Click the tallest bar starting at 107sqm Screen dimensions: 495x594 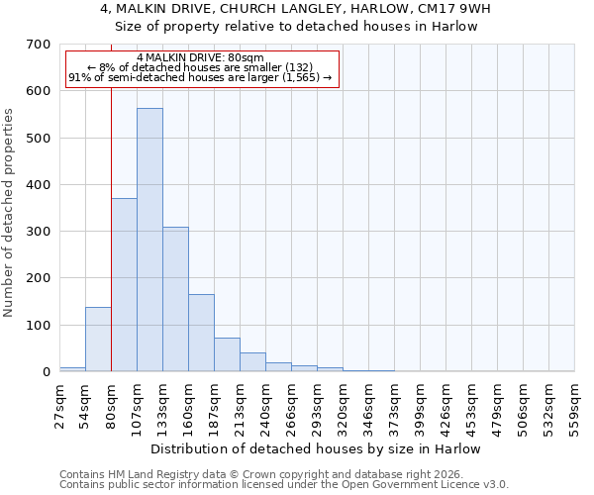tap(149, 240)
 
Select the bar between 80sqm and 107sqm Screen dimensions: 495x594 tap(124, 285)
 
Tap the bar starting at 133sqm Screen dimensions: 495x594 tap(175, 299)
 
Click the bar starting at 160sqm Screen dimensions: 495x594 tap(201, 333)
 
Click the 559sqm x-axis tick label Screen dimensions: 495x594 tap(574, 405)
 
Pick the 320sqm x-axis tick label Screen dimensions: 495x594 tap(343, 405)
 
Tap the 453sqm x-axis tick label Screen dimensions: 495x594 tap(471, 405)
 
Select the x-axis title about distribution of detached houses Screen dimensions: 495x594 tap(317, 449)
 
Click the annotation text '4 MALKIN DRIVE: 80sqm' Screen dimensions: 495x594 tap(201, 58)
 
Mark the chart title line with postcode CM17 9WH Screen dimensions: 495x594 tap(297, 9)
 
